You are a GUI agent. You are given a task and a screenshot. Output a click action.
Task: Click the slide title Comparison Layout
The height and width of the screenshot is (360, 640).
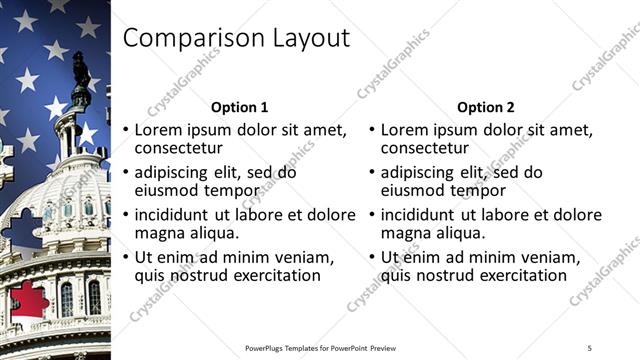[x=235, y=38]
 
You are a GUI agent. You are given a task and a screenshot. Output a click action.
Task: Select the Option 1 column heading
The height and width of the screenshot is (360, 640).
[x=240, y=107]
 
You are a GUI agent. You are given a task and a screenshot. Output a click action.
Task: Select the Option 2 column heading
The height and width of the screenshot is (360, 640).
[x=486, y=107]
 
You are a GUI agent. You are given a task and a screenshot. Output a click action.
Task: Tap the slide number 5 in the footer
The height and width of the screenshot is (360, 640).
[x=589, y=347]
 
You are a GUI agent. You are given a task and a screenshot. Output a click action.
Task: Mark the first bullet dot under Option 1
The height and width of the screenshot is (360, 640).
[x=125, y=130]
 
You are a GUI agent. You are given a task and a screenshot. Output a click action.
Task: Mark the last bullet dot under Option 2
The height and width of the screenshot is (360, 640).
[x=371, y=258]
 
